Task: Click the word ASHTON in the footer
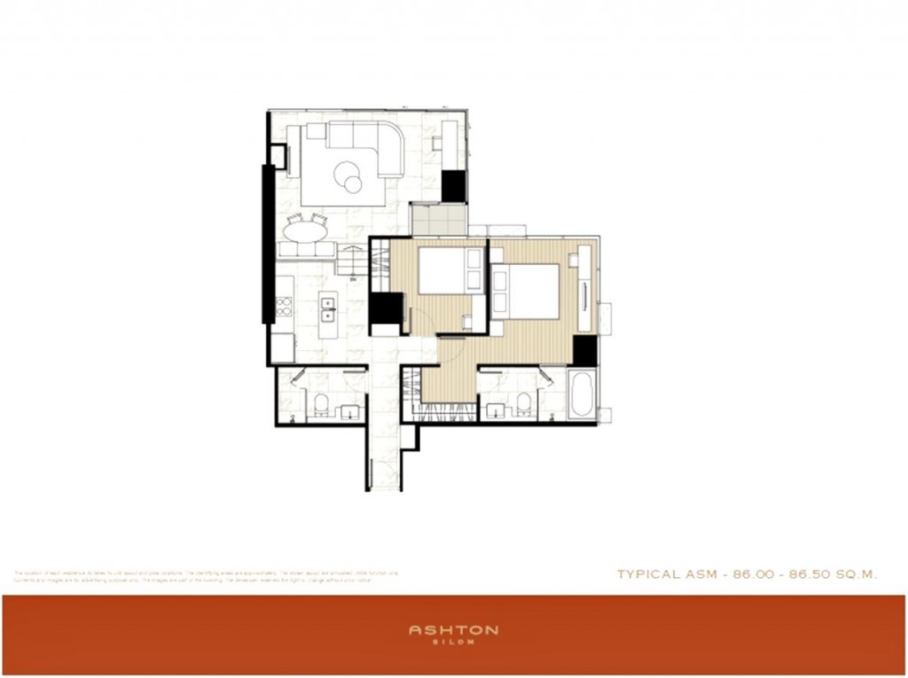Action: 453,630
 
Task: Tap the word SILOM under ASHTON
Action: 453,642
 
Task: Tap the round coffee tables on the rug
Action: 348,178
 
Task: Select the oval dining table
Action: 305,232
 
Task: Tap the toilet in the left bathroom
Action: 321,406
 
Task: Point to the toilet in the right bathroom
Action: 524,404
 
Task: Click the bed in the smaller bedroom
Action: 448,271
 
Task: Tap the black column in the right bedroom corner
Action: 584,350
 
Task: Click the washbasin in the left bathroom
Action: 349,411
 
